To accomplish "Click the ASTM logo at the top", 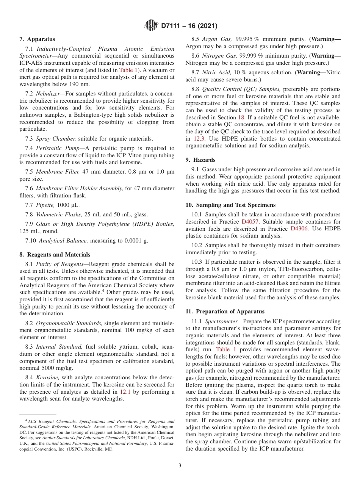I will click(x=151, y=26).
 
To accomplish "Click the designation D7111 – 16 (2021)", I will click(x=189, y=26).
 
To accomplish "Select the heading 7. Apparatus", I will click(x=37, y=39).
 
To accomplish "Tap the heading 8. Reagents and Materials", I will click(x=55, y=255).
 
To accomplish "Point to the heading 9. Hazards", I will click(x=200, y=160).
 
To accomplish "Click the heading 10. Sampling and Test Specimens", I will click(x=230, y=205).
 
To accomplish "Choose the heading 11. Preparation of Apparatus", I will click(x=225, y=311).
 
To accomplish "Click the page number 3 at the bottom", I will click(x=180, y=465).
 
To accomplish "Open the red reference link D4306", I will click(x=299, y=228).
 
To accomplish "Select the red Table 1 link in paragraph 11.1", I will click(x=226, y=349).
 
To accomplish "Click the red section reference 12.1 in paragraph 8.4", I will click(x=125, y=392).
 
